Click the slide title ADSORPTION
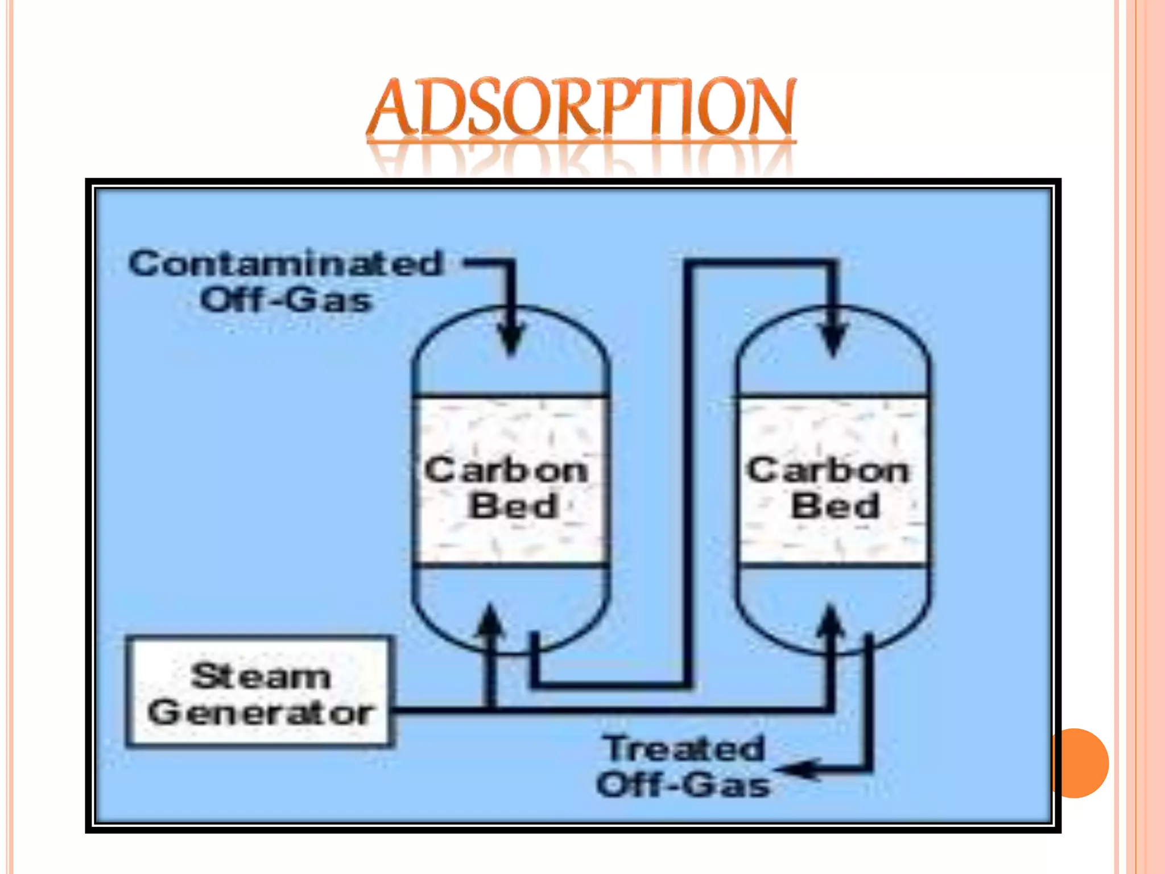click(x=580, y=108)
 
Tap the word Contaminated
click(x=286, y=264)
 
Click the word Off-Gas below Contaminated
click(x=286, y=300)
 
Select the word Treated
click(x=684, y=748)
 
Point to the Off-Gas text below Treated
click(x=683, y=785)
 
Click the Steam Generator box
click(x=259, y=691)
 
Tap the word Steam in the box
click(x=261, y=677)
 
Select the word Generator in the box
click(x=261, y=712)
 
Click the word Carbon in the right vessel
click(x=828, y=471)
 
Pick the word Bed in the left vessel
click(x=513, y=506)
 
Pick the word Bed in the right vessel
click(x=835, y=506)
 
